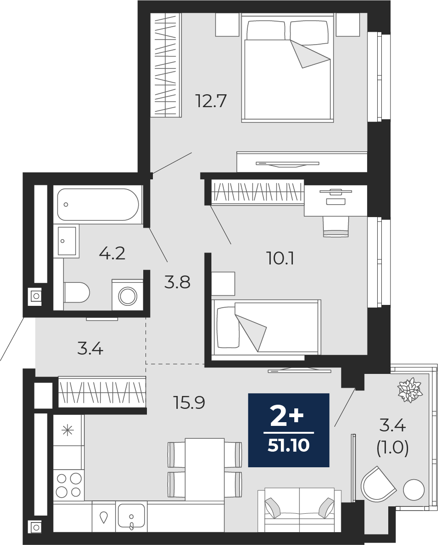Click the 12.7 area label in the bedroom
(x=211, y=101)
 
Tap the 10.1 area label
(x=280, y=258)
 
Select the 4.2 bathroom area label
(x=112, y=253)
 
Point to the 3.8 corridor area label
(x=178, y=282)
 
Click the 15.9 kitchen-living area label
(x=189, y=402)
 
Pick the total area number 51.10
(x=289, y=445)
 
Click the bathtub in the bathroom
(x=98, y=204)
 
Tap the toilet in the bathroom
(x=76, y=293)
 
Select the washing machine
(x=128, y=295)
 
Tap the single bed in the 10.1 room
(x=266, y=327)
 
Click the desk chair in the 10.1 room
(x=336, y=227)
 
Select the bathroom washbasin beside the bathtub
(x=67, y=241)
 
